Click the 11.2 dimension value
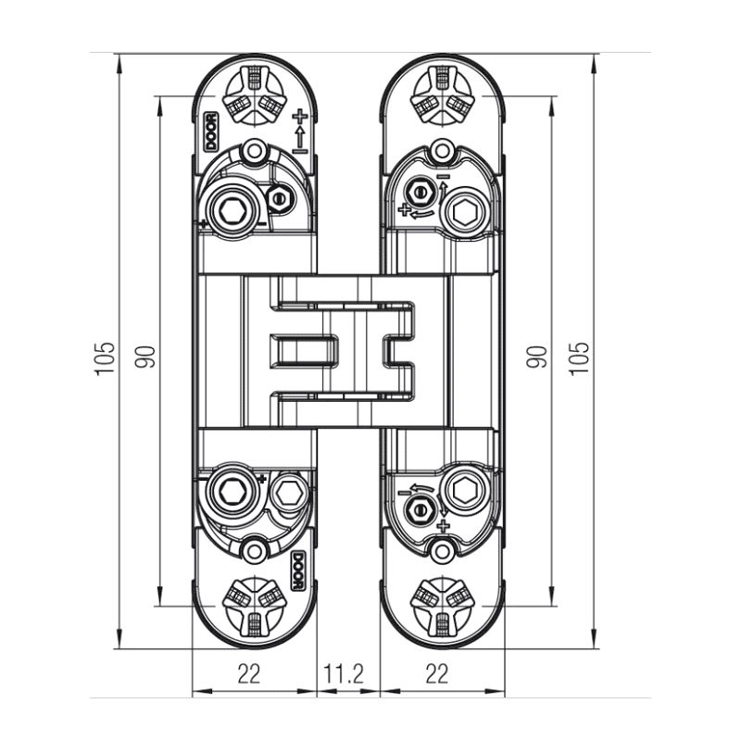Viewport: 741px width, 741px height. point(344,673)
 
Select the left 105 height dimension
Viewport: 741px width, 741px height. point(105,358)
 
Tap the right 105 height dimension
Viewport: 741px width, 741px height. point(580,358)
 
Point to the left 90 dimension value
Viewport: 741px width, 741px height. point(144,357)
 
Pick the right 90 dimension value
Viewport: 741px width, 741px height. point(536,357)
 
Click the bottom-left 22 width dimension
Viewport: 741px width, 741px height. point(249,673)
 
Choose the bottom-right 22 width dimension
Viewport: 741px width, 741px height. point(436,673)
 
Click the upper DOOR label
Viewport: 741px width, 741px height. point(211,132)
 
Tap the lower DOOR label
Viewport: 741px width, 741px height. point(297,571)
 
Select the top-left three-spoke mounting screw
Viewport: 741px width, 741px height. point(255,95)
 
